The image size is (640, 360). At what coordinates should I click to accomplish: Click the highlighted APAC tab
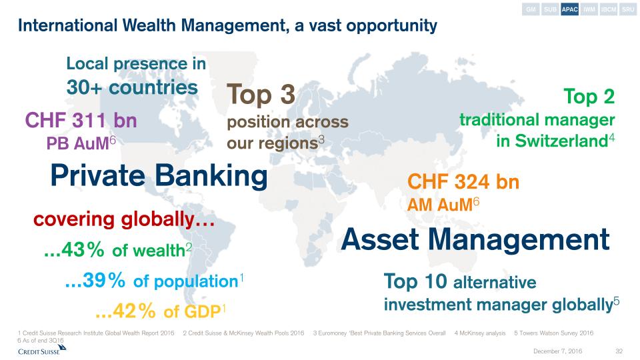(x=569, y=9)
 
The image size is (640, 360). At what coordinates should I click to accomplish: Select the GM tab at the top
(x=531, y=9)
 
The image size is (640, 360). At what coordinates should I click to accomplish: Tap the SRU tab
(x=628, y=9)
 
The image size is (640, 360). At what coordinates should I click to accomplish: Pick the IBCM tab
(x=609, y=9)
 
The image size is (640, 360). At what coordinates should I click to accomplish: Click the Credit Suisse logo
(x=41, y=350)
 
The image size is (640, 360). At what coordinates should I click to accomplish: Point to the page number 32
(x=619, y=351)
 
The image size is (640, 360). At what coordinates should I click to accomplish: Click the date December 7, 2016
(x=557, y=351)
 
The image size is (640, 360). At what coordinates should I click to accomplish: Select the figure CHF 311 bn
(x=81, y=121)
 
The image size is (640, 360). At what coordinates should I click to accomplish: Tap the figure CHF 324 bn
(x=463, y=181)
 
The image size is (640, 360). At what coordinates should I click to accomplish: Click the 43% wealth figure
(x=74, y=249)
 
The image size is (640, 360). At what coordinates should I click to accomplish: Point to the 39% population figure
(x=95, y=280)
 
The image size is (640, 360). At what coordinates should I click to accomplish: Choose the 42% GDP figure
(x=125, y=311)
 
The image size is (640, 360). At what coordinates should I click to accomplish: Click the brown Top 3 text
(x=261, y=94)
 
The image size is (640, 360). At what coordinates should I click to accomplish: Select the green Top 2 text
(x=589, y=97)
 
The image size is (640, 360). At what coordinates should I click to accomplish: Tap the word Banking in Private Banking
(x=211, y=175)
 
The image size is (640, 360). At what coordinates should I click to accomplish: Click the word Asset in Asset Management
(x=379, y=239)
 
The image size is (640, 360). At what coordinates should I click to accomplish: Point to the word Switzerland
(x=561, y=141)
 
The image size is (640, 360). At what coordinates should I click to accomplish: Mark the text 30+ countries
(x=132, y=87)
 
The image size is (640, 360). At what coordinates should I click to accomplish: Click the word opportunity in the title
(x=391, y=26)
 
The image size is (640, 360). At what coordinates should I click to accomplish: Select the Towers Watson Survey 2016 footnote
(x=554, y=333)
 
